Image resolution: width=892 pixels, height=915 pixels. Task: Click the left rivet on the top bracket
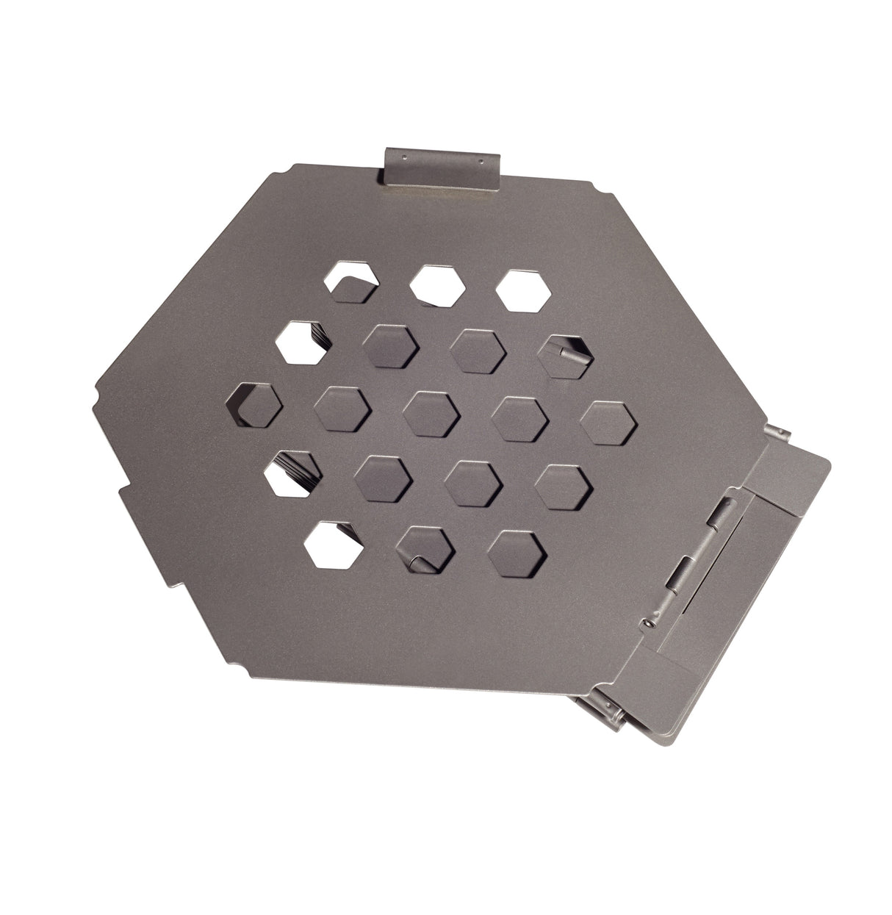click(403, 156)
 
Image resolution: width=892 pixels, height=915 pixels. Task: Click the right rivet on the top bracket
click(480, 159)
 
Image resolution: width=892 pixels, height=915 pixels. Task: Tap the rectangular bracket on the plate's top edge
click(441, 167)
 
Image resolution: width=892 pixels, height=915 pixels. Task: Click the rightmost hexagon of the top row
click(523, 291)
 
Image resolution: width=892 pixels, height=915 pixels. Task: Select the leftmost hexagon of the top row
click(350, 281)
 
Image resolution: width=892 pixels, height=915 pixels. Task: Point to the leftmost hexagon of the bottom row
click(332, 545)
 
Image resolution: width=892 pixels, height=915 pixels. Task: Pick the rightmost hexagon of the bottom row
click(519, 551)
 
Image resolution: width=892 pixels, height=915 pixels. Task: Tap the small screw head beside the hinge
click(650, 622)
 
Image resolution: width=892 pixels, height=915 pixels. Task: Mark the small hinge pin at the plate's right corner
click(774, 432)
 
